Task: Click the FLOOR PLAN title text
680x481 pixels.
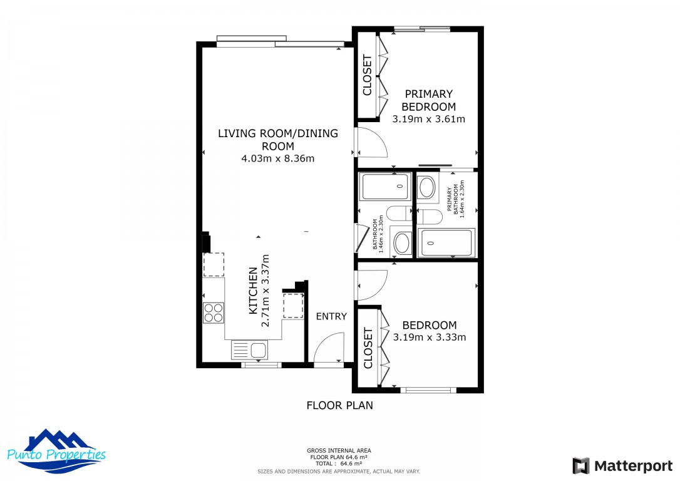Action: click(339, 405)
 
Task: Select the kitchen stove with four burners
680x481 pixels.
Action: click(214, 312)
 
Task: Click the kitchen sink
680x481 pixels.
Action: click(249, 349)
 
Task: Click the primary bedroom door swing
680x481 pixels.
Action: click(373, 142)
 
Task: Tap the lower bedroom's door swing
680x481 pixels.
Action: click(373, 284)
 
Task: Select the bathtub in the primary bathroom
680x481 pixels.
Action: click(447, 242)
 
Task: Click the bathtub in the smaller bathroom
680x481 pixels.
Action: click(385, 187)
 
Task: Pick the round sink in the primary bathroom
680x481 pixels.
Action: click(427, 187)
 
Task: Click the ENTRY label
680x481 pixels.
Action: click(331, 316)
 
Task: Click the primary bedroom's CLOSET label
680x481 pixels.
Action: click(367, 75)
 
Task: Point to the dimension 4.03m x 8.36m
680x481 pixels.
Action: click(277, 158)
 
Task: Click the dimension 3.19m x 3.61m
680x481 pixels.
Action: click(428, 119)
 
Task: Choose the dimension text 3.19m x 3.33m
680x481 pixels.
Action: click(429, 337)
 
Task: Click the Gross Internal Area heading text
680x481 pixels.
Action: click(339, 450)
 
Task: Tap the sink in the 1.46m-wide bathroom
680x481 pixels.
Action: click(401, 242)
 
